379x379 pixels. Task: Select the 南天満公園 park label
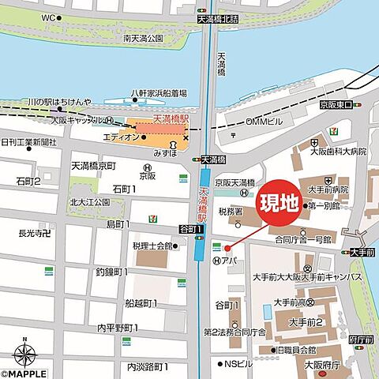(143, 37)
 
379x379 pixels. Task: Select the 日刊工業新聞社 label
(28, 142)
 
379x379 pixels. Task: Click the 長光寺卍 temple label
(35, 232)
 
